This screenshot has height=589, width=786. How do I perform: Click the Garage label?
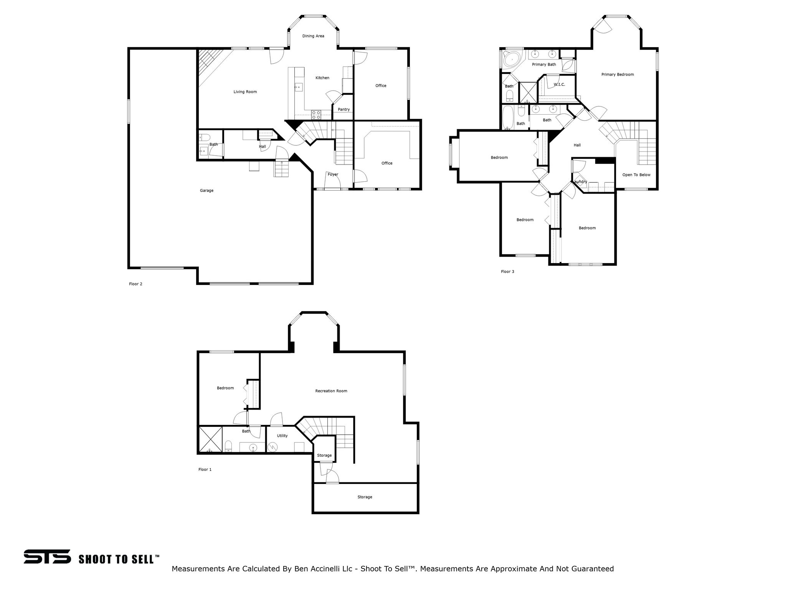[206, 191]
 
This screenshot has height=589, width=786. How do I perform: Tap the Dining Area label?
[313, 36]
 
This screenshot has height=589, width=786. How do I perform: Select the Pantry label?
[343, 110]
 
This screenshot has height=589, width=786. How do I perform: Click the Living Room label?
[245, 92]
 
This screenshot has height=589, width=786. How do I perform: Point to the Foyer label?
[333, 174]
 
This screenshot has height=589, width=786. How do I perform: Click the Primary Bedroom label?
[617, 75]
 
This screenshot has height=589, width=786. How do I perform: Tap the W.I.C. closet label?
[559, 85]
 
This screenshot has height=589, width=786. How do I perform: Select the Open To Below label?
[636, 175]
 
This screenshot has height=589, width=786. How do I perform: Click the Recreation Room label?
[331, 391]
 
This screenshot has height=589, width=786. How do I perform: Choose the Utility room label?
[282, 436]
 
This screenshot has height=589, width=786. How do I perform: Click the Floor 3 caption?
[507, 272]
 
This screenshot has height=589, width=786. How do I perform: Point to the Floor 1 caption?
[205, 470]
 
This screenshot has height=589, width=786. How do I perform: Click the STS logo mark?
[47, 556]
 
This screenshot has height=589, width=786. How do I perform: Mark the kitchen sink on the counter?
[298, 87]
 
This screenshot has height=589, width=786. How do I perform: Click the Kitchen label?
[322, 78]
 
